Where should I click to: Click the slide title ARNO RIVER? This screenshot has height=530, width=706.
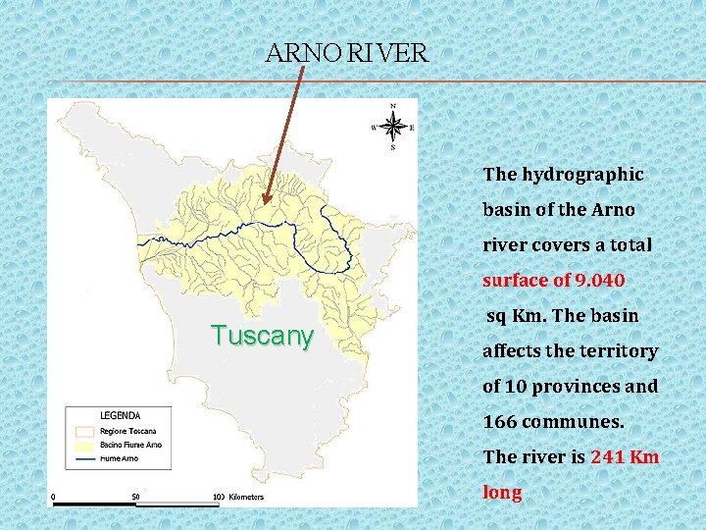click(x=346, y=53)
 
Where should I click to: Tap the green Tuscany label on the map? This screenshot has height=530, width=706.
click(x=262, y=336)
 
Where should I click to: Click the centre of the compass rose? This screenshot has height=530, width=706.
click(x=393, y=127)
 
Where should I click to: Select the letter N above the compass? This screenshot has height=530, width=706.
click(x=393, y=105)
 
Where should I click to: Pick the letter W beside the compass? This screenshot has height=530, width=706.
click(x=374, y=127)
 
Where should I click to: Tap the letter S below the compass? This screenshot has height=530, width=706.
click(x=393, y=148)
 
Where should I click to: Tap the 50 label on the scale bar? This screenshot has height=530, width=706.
click(x=134, y=497)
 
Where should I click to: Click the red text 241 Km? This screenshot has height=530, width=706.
click(x=625, y=457)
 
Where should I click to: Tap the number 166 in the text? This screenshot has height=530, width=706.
click(x=501, y=422)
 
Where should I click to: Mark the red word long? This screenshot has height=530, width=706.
click(x=502, y=493)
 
